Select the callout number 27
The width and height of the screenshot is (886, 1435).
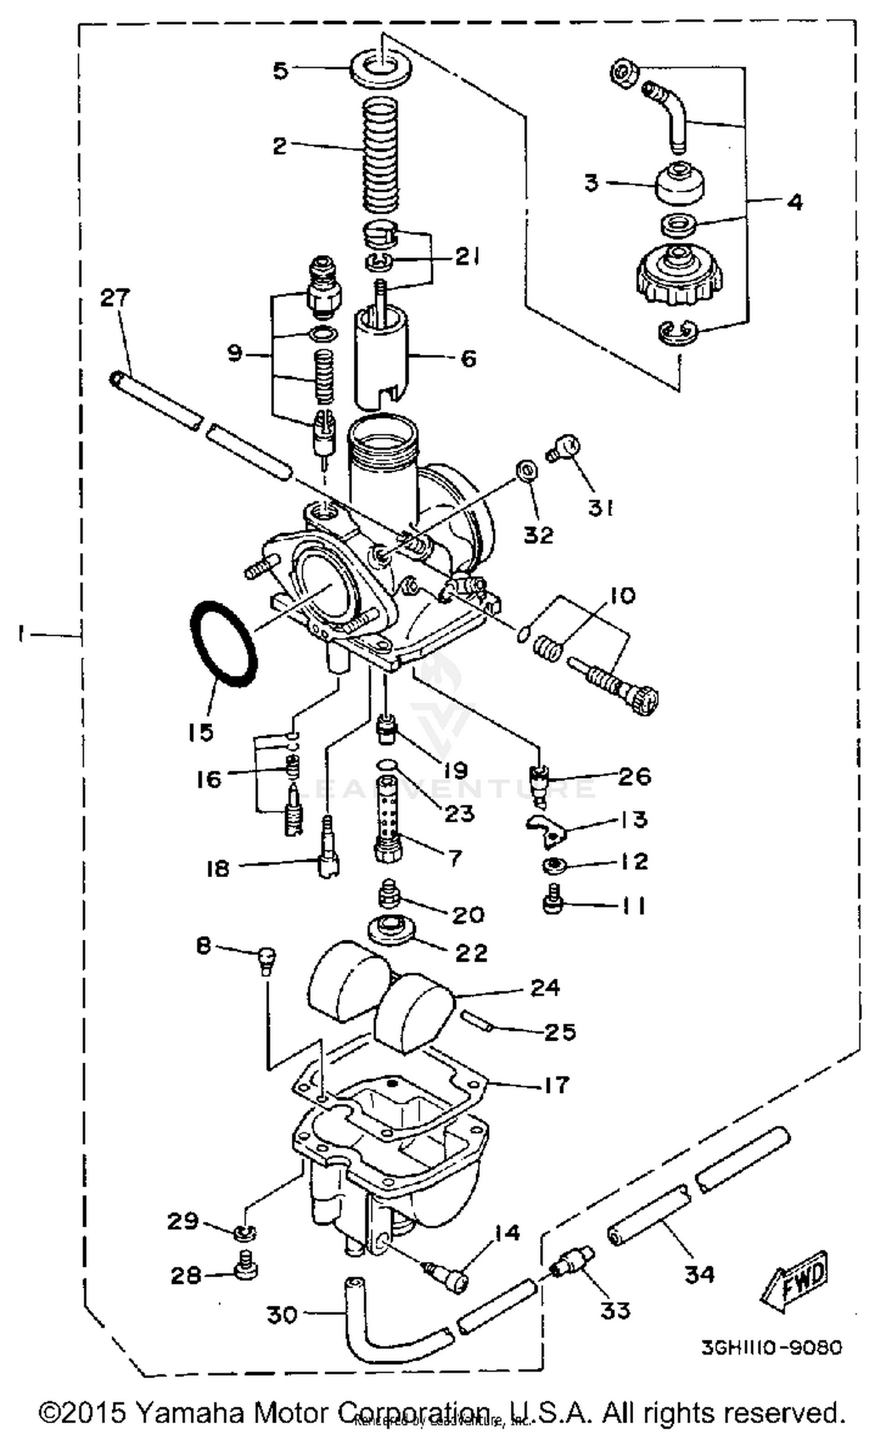coord(115,298)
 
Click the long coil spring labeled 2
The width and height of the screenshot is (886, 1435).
coord(379,155)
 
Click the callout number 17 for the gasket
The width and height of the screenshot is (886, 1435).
coord(554,1084)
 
